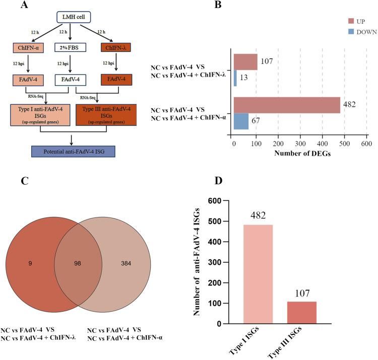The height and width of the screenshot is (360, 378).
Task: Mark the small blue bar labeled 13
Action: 235,78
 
